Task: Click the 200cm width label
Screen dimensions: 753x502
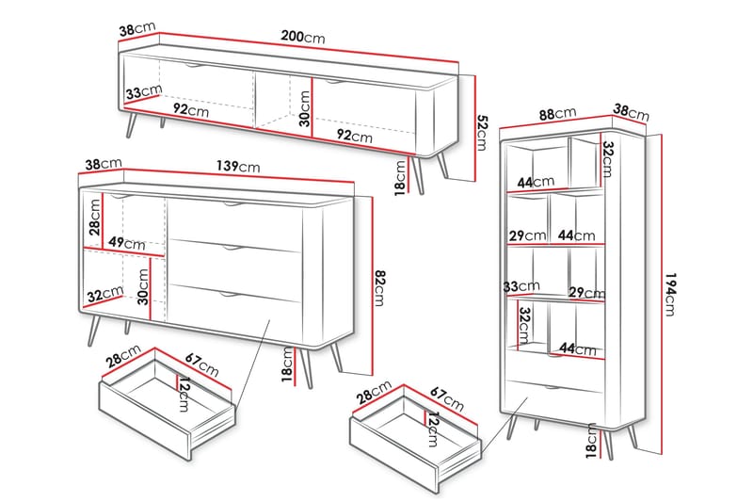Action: click(303, 37)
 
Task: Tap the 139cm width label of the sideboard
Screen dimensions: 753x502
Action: click(238, 166)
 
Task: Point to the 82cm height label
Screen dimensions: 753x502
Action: click(379, 288)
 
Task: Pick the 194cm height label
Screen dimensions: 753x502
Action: click(670, 295)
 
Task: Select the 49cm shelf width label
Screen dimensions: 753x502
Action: click(126, 243)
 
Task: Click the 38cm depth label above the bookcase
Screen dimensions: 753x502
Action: click(631, 112)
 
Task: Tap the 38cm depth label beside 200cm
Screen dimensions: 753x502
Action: click(137, 29)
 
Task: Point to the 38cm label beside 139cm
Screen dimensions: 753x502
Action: click(104, 164)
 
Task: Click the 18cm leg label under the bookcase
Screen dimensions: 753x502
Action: click(591, 441)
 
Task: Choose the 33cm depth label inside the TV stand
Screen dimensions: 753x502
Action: click(144, 91)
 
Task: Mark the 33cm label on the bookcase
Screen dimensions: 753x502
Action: click(521, 286)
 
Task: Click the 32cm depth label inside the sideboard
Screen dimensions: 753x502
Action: click(105, 294)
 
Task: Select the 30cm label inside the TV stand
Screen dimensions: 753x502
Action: click(304, 108)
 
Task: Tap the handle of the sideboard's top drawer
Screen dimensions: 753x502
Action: click(232, 205)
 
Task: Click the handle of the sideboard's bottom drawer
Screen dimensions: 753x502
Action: click(230, 294)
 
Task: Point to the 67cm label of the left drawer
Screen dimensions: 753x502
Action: click(201, 365)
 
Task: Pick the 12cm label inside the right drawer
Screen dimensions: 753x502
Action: click(433, 429)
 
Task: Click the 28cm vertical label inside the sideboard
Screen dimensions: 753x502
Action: click(95, 218)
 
